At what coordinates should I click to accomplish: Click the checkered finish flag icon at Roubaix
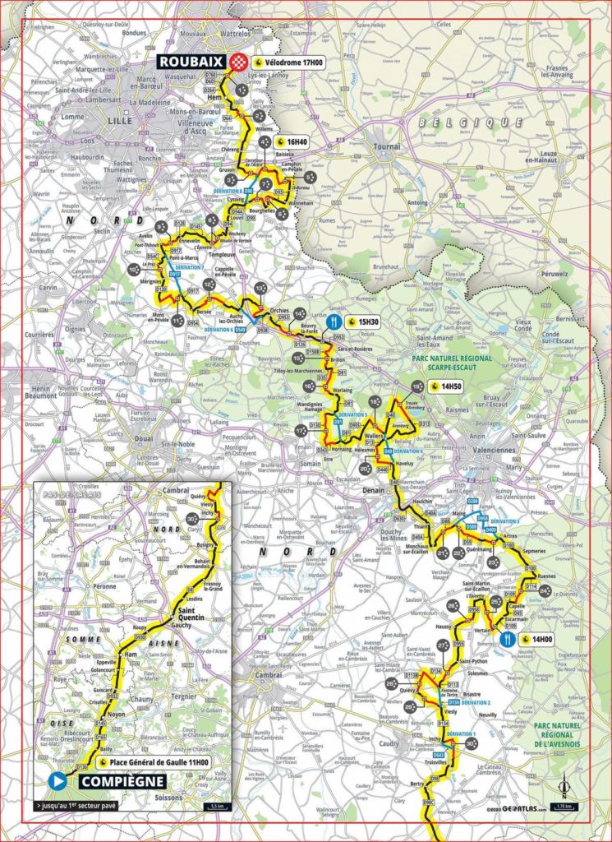(239, 62)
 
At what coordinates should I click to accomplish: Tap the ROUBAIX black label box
(195, 62)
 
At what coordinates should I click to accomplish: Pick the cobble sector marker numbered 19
(417, 386)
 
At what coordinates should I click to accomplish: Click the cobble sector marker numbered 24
(496, 602)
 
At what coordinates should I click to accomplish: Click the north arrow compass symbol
(564, 786)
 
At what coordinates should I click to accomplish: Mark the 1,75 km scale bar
(564, 806)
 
